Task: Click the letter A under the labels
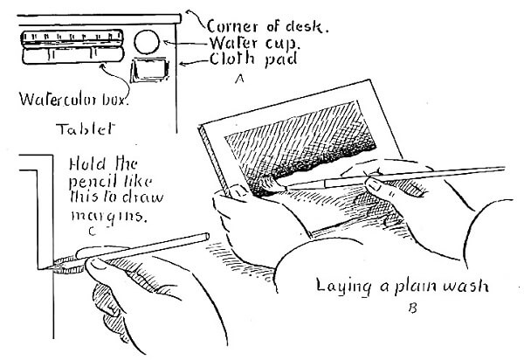click(238, 79)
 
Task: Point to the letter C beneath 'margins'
click(91, 231)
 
